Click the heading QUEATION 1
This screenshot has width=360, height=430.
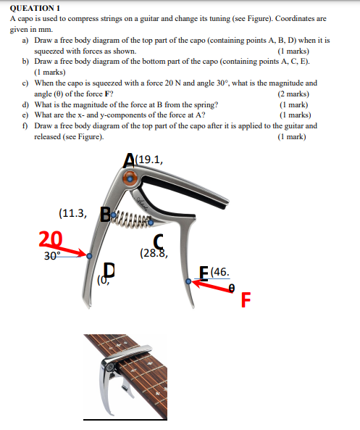[34, 7]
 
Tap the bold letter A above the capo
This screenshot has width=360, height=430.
[130, 160]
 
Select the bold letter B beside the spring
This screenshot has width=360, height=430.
[105, 215]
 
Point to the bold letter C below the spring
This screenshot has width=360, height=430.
[158, 242]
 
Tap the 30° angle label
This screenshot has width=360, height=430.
[49, 255]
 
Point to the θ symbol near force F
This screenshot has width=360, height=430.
[231, 288]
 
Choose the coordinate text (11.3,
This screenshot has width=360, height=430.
[73, 213]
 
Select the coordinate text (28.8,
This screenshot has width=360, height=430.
[154, 254]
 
